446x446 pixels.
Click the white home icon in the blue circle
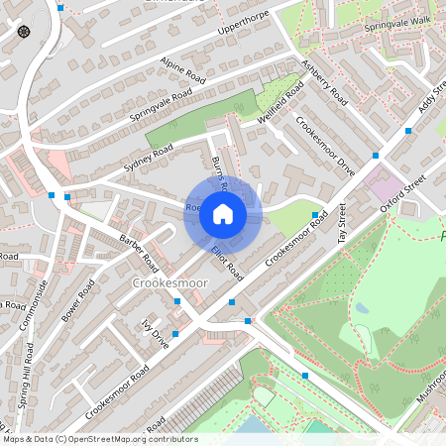click(223, 213)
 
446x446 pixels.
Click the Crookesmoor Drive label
click(325, 146)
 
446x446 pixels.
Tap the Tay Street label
click(343, 223)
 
